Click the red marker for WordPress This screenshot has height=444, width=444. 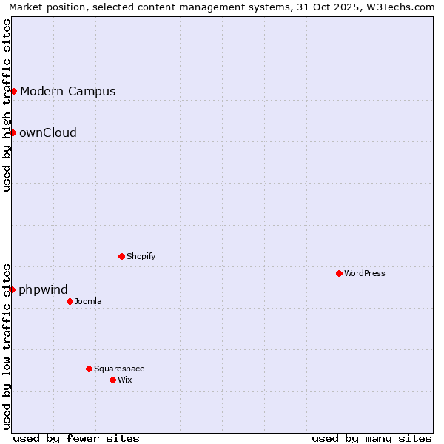(339, 273)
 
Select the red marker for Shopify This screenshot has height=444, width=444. (121, 256)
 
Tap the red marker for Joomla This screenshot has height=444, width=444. (70, 301)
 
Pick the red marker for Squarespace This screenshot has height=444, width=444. (89, 369)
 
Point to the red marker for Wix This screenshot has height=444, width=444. (112, 380)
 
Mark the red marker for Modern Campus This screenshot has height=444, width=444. (13, 91)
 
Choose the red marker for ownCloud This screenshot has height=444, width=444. (13, 132)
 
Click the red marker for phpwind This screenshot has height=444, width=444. (12, 289)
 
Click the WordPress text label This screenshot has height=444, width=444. (365, 273)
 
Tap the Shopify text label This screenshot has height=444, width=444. (141, 256)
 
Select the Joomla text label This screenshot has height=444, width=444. (88, 301)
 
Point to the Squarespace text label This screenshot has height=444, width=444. (119, 369)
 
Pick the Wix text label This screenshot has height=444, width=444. (125, 380)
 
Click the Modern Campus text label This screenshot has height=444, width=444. (68, 92)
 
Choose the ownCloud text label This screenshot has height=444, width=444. (48, 133)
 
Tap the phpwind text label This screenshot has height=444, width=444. (43, 290)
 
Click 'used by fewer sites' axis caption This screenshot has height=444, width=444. (76, 438)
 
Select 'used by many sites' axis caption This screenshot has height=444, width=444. (371, 438)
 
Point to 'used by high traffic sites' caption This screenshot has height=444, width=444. (7, 105)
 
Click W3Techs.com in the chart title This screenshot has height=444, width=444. (400, 7)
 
